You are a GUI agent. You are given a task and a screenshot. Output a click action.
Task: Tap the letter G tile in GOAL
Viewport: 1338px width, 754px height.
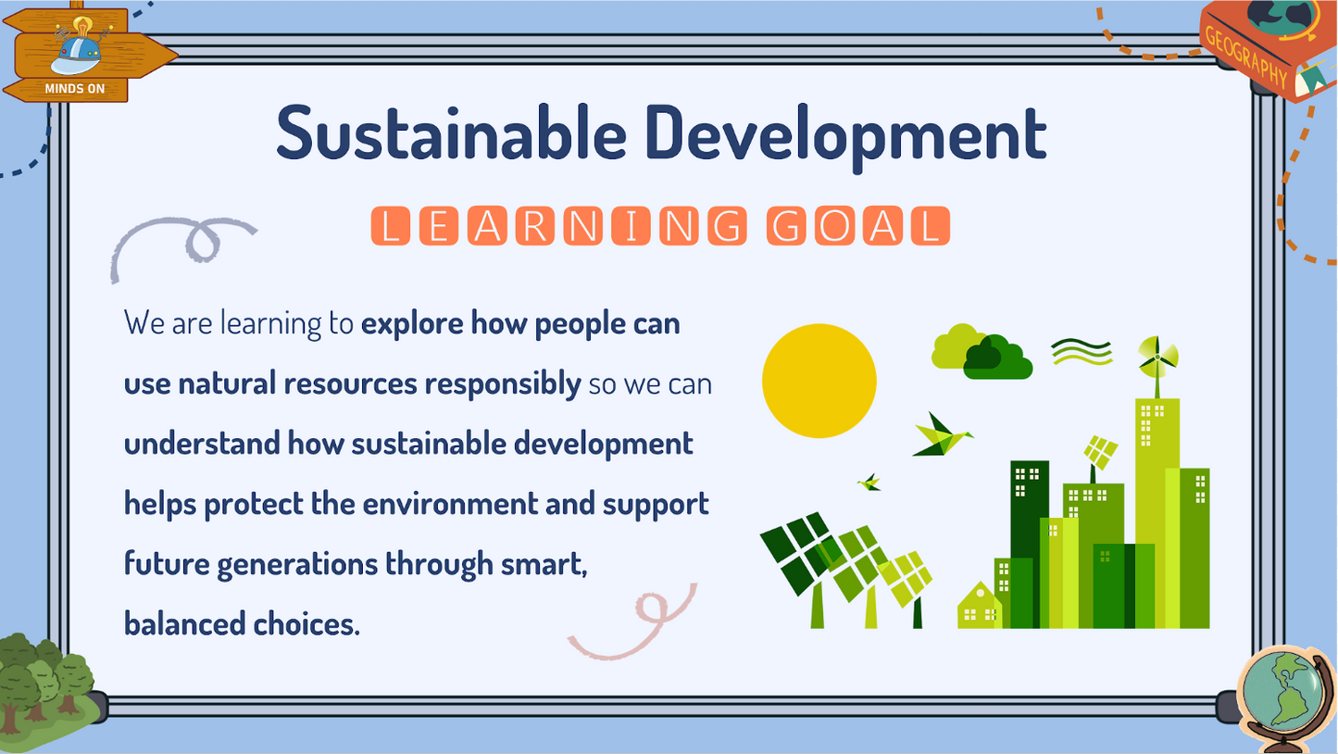point(787,227)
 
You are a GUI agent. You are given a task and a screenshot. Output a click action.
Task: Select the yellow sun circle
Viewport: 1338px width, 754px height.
point(819,380)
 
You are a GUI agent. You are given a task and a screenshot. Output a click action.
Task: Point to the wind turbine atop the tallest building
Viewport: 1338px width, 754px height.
point(1157,356)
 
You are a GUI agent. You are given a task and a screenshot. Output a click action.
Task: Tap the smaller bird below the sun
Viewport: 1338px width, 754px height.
point(869,482)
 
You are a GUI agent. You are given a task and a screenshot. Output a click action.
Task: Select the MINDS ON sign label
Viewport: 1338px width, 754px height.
point(74,89)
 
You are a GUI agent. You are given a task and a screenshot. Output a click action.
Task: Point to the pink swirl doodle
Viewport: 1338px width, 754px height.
point(639,621)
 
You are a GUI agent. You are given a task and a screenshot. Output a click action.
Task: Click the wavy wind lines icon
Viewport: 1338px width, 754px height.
point(1082,351)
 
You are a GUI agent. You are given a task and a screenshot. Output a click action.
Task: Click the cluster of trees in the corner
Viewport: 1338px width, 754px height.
point(46,681)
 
